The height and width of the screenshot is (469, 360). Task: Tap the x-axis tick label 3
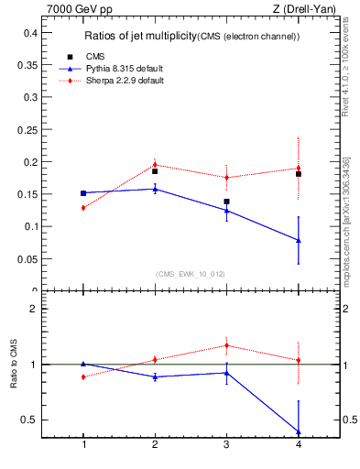(226, 444)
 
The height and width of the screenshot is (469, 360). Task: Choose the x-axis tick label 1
(83, 444)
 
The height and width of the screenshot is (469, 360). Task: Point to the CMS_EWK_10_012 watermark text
(191, 274)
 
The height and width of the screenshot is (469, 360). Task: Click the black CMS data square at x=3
(226, 202)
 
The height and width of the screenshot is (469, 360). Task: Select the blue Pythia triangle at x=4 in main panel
(298, 240)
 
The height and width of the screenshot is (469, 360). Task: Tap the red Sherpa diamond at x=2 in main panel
(155, 165)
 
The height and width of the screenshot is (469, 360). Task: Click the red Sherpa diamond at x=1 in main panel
(83, 208)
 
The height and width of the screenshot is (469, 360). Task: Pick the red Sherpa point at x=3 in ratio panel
(226, 345)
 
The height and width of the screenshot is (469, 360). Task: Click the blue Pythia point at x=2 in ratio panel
(155, 376)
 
